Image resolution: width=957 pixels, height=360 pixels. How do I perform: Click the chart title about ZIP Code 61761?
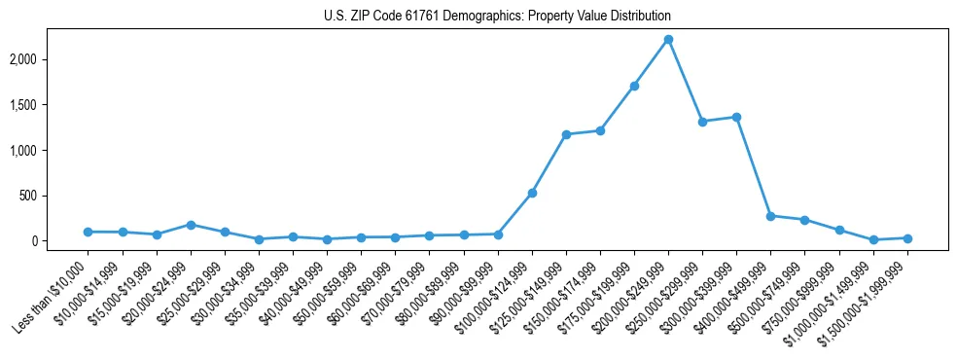tap(497, 17)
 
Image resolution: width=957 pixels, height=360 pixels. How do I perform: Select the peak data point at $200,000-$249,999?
tap(668, 40)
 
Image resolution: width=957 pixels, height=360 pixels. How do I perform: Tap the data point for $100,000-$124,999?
tap(532, 193)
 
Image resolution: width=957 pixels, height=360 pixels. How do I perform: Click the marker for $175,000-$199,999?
tap(634, 86)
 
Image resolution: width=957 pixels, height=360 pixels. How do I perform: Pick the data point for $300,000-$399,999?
tap(736, 117)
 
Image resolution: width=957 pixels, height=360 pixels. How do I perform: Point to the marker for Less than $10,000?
tap(88, 232)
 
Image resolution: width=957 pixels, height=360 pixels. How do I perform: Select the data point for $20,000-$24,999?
tap(191, 225)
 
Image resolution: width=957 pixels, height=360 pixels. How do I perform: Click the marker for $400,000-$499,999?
tap(770, 216)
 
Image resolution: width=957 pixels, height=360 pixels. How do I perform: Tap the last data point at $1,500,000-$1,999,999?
tap(907, 238)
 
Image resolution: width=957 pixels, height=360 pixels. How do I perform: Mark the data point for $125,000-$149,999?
tap(566, 134)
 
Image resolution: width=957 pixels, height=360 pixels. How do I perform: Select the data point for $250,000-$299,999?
tap(702, 122)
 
